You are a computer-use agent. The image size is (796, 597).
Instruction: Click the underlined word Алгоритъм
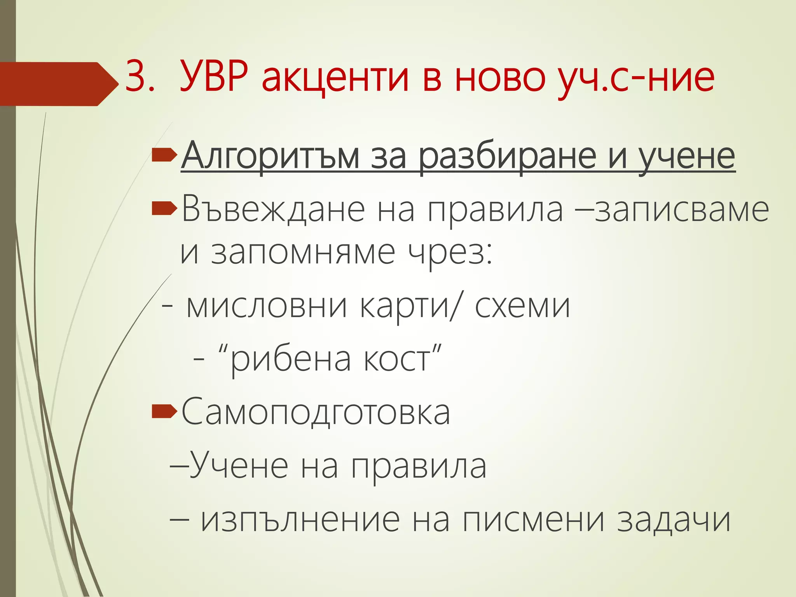[x=270, y=157]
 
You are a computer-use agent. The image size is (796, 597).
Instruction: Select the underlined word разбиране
[x=508, y=157]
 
